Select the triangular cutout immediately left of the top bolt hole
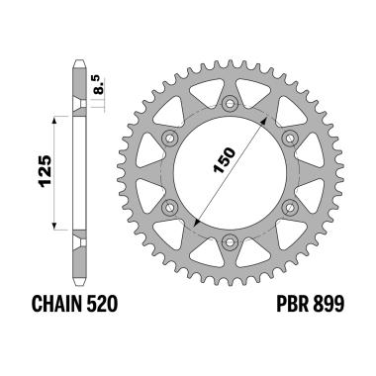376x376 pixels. point(206,100)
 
